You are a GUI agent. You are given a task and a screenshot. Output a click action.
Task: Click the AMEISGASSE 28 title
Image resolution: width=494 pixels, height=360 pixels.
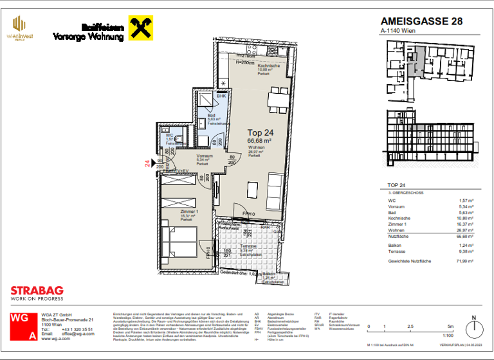coord(421,21)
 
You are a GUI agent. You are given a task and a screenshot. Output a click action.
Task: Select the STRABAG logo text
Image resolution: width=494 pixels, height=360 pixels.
coord(37,291)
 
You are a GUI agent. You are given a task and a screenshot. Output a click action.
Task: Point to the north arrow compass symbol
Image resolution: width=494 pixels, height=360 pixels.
coord(474,328)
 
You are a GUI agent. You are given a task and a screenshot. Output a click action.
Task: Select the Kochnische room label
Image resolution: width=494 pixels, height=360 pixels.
coord(268,66)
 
